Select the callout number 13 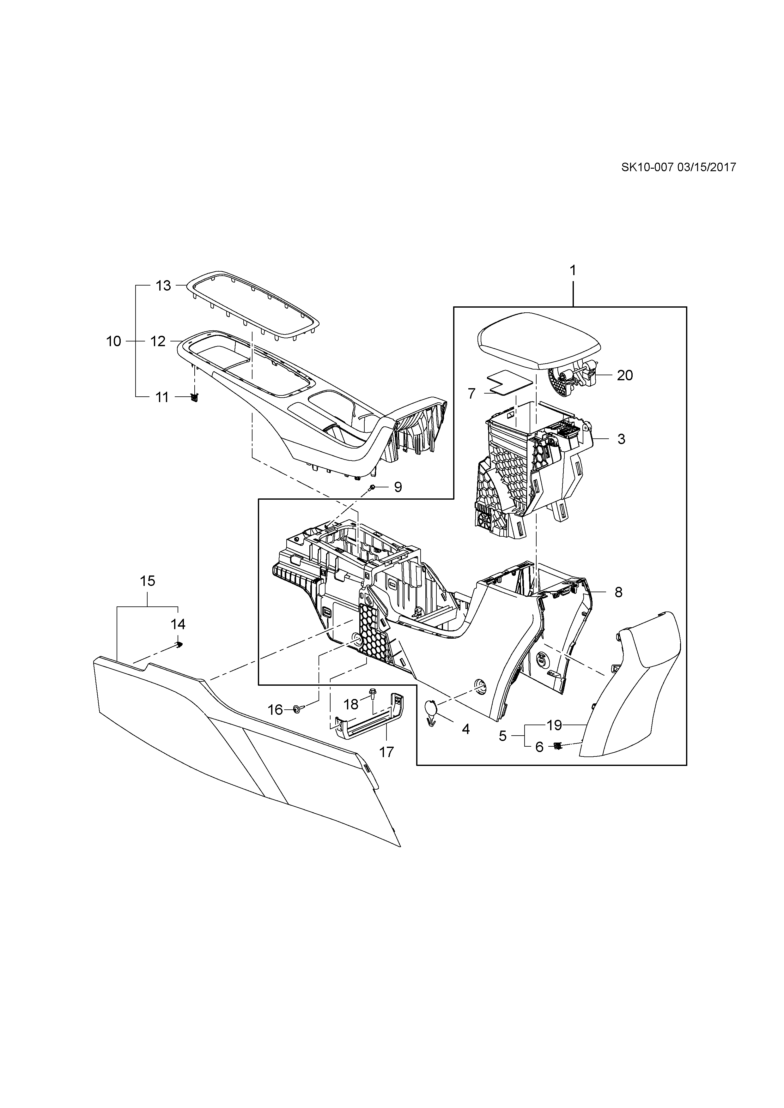[x=163, y=286]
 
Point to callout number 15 [x=147, y=581]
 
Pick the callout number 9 [x=398, y=487]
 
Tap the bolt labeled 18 [x=373, y=692]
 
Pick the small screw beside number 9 [x=372, y=488]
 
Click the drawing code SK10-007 [x=647, y=167]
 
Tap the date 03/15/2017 [x=707, y=167]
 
